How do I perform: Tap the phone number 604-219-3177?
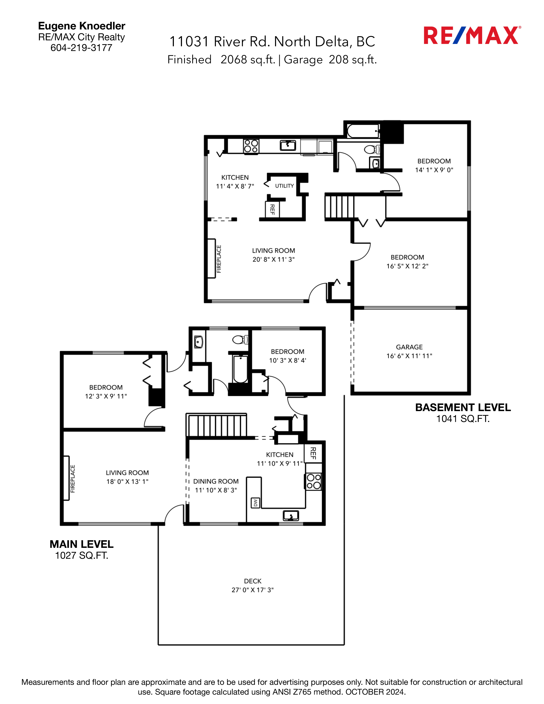[x=81, y=48]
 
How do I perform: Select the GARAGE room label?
[x=409, y=347]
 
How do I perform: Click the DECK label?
[x=253, y=581]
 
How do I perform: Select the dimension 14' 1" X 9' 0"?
[x=434, y=170]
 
